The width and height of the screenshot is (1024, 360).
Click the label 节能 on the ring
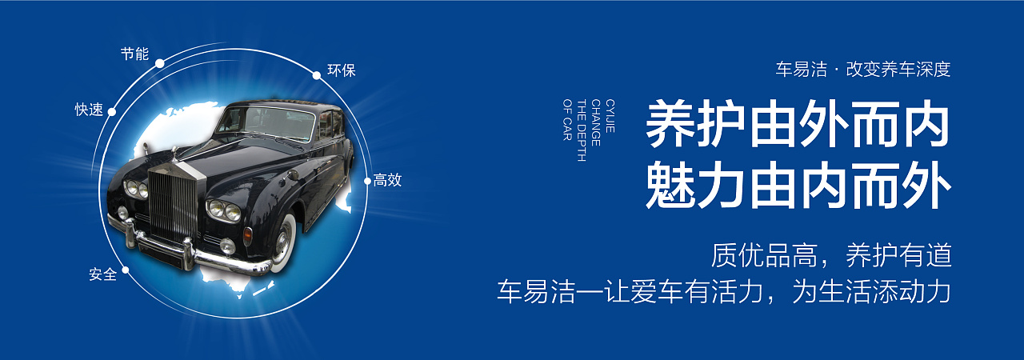134,54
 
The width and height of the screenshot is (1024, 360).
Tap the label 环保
342,70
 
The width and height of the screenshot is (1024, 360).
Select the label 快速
89,110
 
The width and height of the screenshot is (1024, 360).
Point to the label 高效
387,180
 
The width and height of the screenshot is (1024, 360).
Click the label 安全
102,274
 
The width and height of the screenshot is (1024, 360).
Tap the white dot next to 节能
160,63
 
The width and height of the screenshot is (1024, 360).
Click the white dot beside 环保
317,75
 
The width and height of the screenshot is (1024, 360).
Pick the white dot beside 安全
126,270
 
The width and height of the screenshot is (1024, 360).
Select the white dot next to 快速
112,112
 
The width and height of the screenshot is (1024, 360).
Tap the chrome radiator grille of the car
172,203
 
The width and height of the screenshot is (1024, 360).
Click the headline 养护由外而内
798,125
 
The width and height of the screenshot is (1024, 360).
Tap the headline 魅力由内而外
798,186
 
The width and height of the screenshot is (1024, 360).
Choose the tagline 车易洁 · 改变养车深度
862,70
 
